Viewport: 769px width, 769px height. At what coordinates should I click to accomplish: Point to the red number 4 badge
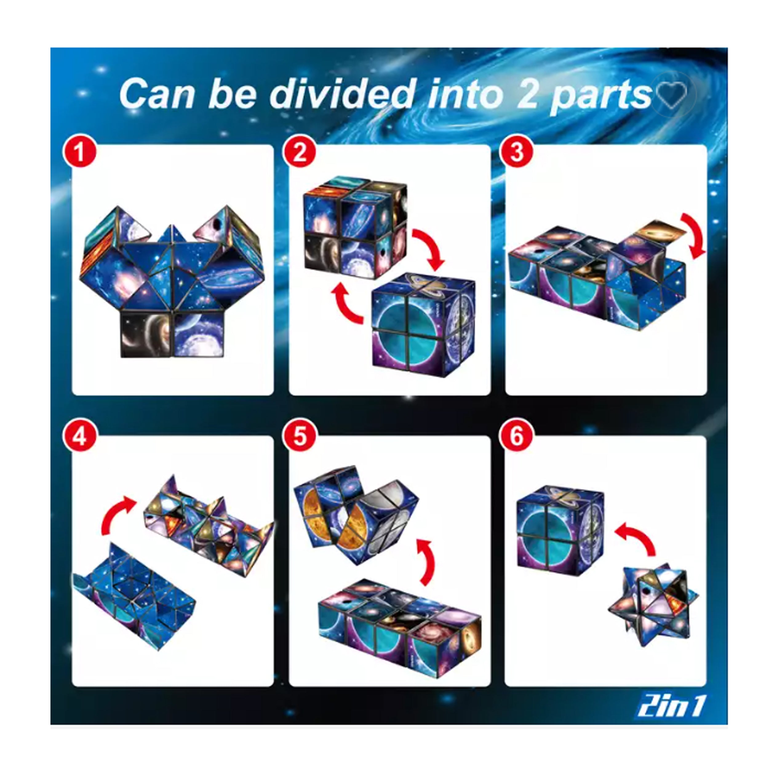(79, 437)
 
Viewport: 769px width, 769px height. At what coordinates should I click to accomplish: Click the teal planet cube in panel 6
(560, 528)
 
